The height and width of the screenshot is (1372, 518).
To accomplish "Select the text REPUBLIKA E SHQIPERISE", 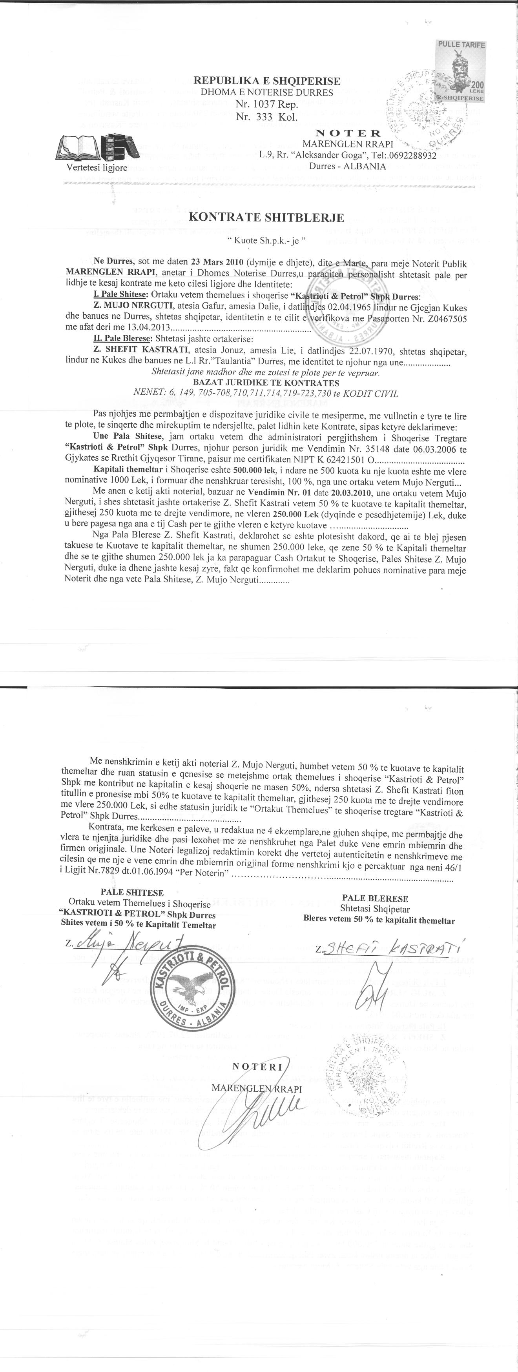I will point(266,82).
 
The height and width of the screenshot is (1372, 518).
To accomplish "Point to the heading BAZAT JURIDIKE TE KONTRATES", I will point(266,383).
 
